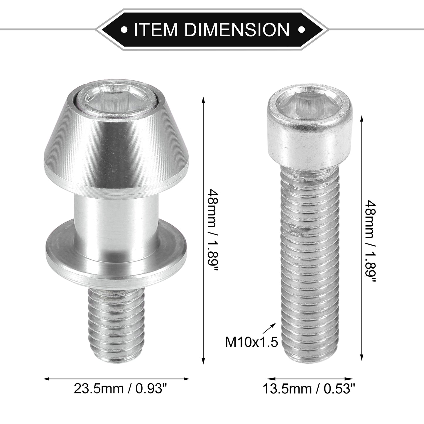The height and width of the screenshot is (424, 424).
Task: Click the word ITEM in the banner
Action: [155, 29]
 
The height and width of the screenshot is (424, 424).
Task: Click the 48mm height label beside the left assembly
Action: [213, 230]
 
